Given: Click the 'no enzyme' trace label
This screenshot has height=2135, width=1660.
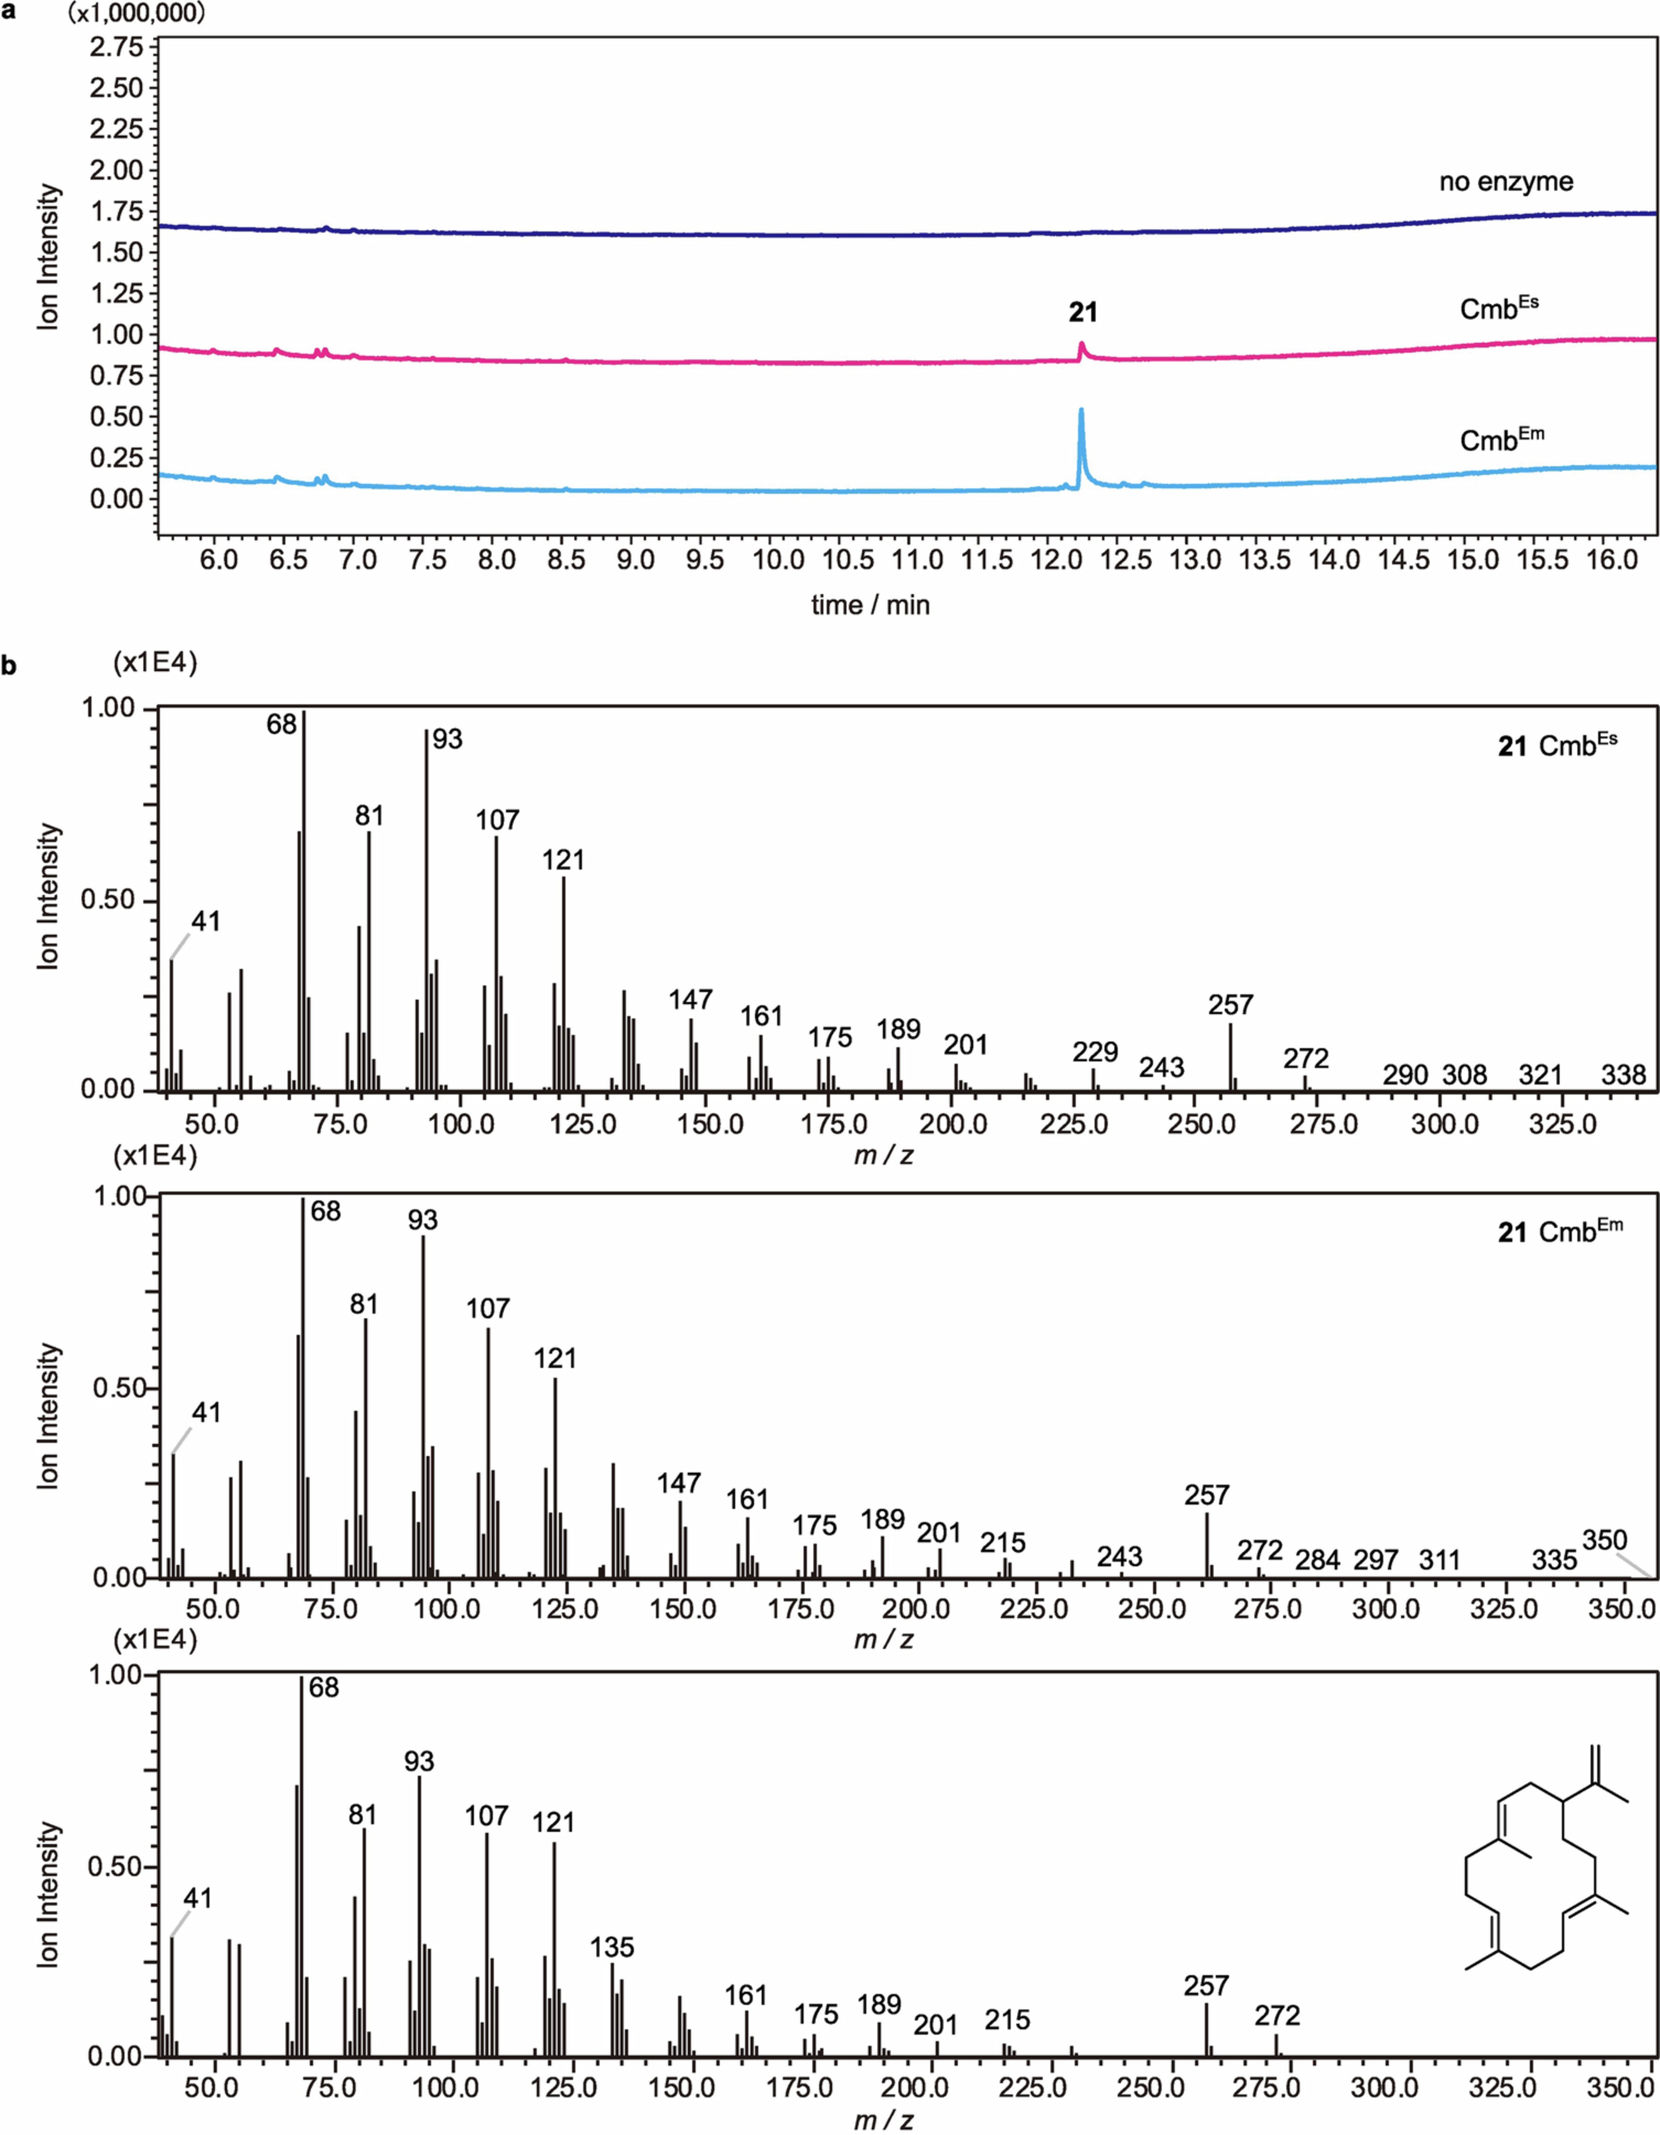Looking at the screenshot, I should pos(1506,182).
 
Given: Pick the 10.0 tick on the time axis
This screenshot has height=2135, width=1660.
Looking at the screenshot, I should pos(778,560).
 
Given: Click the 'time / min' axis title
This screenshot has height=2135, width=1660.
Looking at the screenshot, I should pos(870,605).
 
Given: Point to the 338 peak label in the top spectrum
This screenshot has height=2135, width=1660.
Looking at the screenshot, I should pos(1623,1075).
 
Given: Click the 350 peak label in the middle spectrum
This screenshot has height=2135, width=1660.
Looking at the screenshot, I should pos(1604,1540).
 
